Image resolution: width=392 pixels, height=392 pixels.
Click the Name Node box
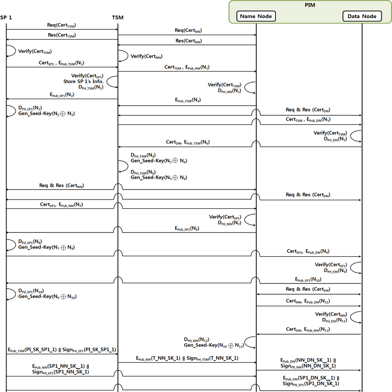click(x=256, y=16)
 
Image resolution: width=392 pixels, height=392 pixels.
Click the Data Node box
click(x=362, y=16)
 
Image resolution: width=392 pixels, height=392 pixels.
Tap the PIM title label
click(x=310, y=5)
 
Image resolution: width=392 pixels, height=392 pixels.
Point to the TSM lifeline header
click(x=118, y=17)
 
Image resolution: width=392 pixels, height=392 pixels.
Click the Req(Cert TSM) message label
click(x=62, y=25)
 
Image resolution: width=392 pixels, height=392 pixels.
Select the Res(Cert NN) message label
click(x=189, y=41)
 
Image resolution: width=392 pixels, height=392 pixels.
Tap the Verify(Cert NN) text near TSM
click(x=146, y=56)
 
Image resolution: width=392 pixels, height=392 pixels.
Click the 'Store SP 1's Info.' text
click(x=83, y=81)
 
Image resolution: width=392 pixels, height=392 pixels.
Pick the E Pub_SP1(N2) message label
click(x=62, y=94)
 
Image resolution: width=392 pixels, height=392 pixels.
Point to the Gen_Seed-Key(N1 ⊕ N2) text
click(x=46, y=114)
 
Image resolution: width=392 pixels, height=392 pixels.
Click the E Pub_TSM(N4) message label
click(x=188, y=100)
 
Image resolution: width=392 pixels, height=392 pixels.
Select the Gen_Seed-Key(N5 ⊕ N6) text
click(x=159, y=177)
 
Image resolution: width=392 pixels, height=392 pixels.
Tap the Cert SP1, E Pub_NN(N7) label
click(x=62, y=205)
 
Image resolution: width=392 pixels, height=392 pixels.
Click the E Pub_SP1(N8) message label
click(x=187, y=228)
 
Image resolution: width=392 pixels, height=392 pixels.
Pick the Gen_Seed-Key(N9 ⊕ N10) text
click(x=47, y=296)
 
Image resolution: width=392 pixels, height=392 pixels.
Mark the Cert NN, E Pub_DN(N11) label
click(x=308, y=301)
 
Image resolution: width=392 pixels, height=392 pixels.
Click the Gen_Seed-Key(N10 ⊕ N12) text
click(x=213, y=345)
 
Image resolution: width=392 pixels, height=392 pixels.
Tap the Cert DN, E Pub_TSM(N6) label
click(x=188, y=142)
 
